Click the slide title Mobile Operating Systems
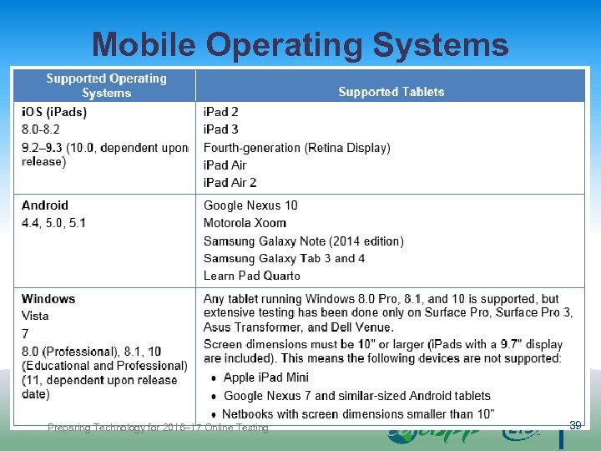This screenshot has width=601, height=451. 300,44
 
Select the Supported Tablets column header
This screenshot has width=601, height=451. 391,92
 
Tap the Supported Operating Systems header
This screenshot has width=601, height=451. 106,85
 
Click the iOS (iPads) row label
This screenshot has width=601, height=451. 54,112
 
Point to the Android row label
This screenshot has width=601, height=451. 45,205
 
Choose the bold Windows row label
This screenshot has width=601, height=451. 48,299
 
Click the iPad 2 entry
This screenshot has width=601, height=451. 221,112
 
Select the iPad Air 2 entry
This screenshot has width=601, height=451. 230,182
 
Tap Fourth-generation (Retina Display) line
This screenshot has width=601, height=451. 297,148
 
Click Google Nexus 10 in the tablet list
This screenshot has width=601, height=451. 250,205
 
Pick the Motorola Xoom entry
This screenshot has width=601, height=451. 245,223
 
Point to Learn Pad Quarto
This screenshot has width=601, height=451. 252,276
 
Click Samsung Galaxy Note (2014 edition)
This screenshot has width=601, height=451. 304,241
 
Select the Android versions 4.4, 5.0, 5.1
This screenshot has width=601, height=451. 53,223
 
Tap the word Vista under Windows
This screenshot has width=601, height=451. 35,316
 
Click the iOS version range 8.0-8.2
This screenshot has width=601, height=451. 41,129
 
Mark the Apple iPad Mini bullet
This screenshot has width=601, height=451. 265,378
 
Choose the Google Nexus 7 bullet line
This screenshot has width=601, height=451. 356,396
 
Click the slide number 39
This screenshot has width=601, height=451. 575,426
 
